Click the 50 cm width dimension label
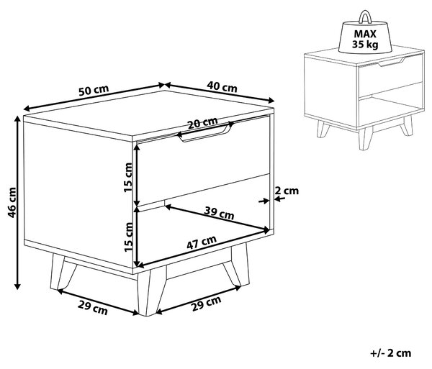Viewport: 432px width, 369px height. [94, 90]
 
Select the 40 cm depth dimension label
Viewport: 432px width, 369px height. [222, 87]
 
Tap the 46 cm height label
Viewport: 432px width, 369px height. [12, 203]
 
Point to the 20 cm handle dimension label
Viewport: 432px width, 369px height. [202, 123]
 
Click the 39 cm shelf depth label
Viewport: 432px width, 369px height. [219, 213]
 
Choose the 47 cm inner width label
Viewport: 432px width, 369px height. [202, 242]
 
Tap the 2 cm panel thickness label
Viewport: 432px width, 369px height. [287, 191]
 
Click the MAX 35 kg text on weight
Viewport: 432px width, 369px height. [365, 39]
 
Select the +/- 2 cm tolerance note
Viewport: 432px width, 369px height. [391, 353]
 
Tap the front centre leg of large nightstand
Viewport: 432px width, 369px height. [150, 292]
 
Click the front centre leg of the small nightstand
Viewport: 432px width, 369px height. [365, 138]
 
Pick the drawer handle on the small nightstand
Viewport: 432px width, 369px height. [391, 62]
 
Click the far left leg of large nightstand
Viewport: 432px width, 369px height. [62, 272]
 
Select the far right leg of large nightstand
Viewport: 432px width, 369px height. [237, 265]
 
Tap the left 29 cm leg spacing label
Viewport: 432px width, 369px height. [93, 308]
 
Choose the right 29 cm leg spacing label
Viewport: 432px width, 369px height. [206, 304]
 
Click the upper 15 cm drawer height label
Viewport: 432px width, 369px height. [128, 178]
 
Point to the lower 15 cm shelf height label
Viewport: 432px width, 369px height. [128, 237]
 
